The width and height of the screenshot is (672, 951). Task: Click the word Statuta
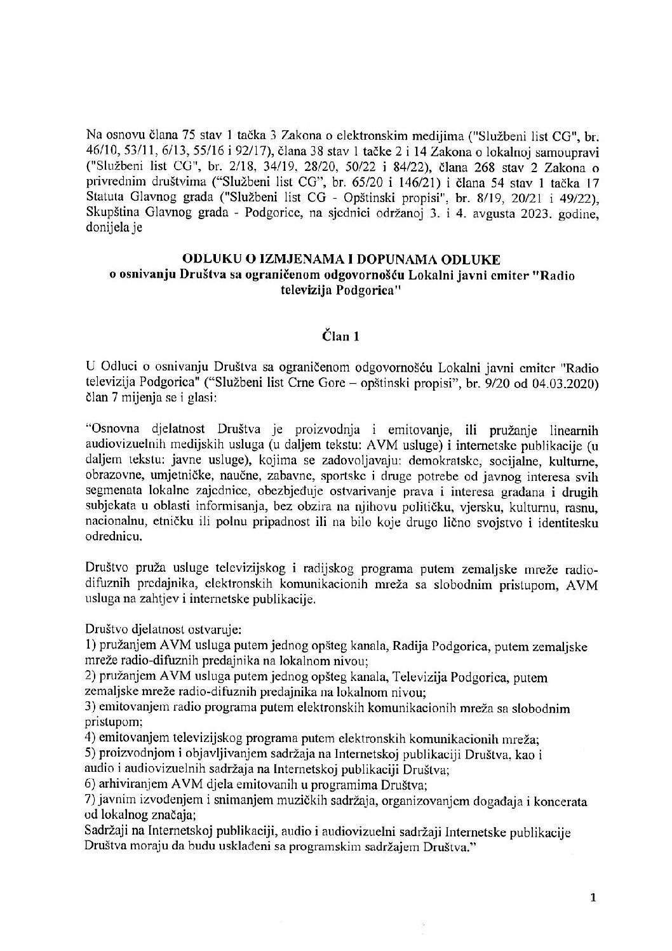104,203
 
